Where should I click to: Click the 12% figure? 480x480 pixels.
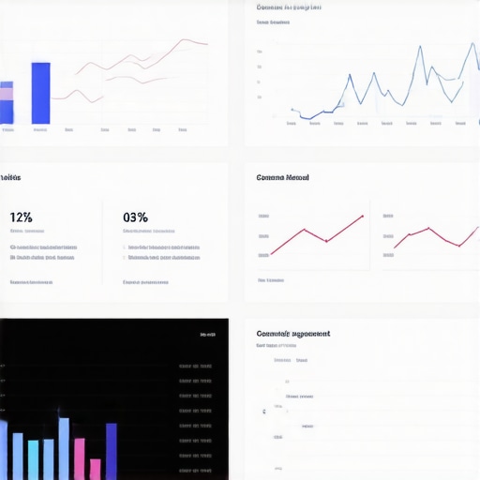point(21,217)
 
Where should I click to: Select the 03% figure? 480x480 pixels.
point(135,217)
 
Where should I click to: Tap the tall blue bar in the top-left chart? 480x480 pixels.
point(40,93)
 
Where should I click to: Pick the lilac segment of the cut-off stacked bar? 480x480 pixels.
point(6,92)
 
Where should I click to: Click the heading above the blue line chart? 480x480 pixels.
point(289,7)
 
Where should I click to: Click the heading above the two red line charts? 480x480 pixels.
point(282,177)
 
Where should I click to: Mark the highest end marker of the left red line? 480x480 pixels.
point(362,217)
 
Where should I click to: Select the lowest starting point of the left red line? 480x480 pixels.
point(271,253)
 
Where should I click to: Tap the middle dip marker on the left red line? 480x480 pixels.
point(326,241)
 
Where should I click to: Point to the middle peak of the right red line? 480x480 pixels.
point(428,228)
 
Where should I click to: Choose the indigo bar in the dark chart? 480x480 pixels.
point(112,451)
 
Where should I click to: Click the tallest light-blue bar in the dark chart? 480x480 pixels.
point(64,448)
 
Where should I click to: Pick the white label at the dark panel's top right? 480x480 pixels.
point(207,334)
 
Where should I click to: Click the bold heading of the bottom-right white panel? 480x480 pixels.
point(292,333)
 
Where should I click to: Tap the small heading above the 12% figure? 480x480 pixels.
point(10,177)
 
